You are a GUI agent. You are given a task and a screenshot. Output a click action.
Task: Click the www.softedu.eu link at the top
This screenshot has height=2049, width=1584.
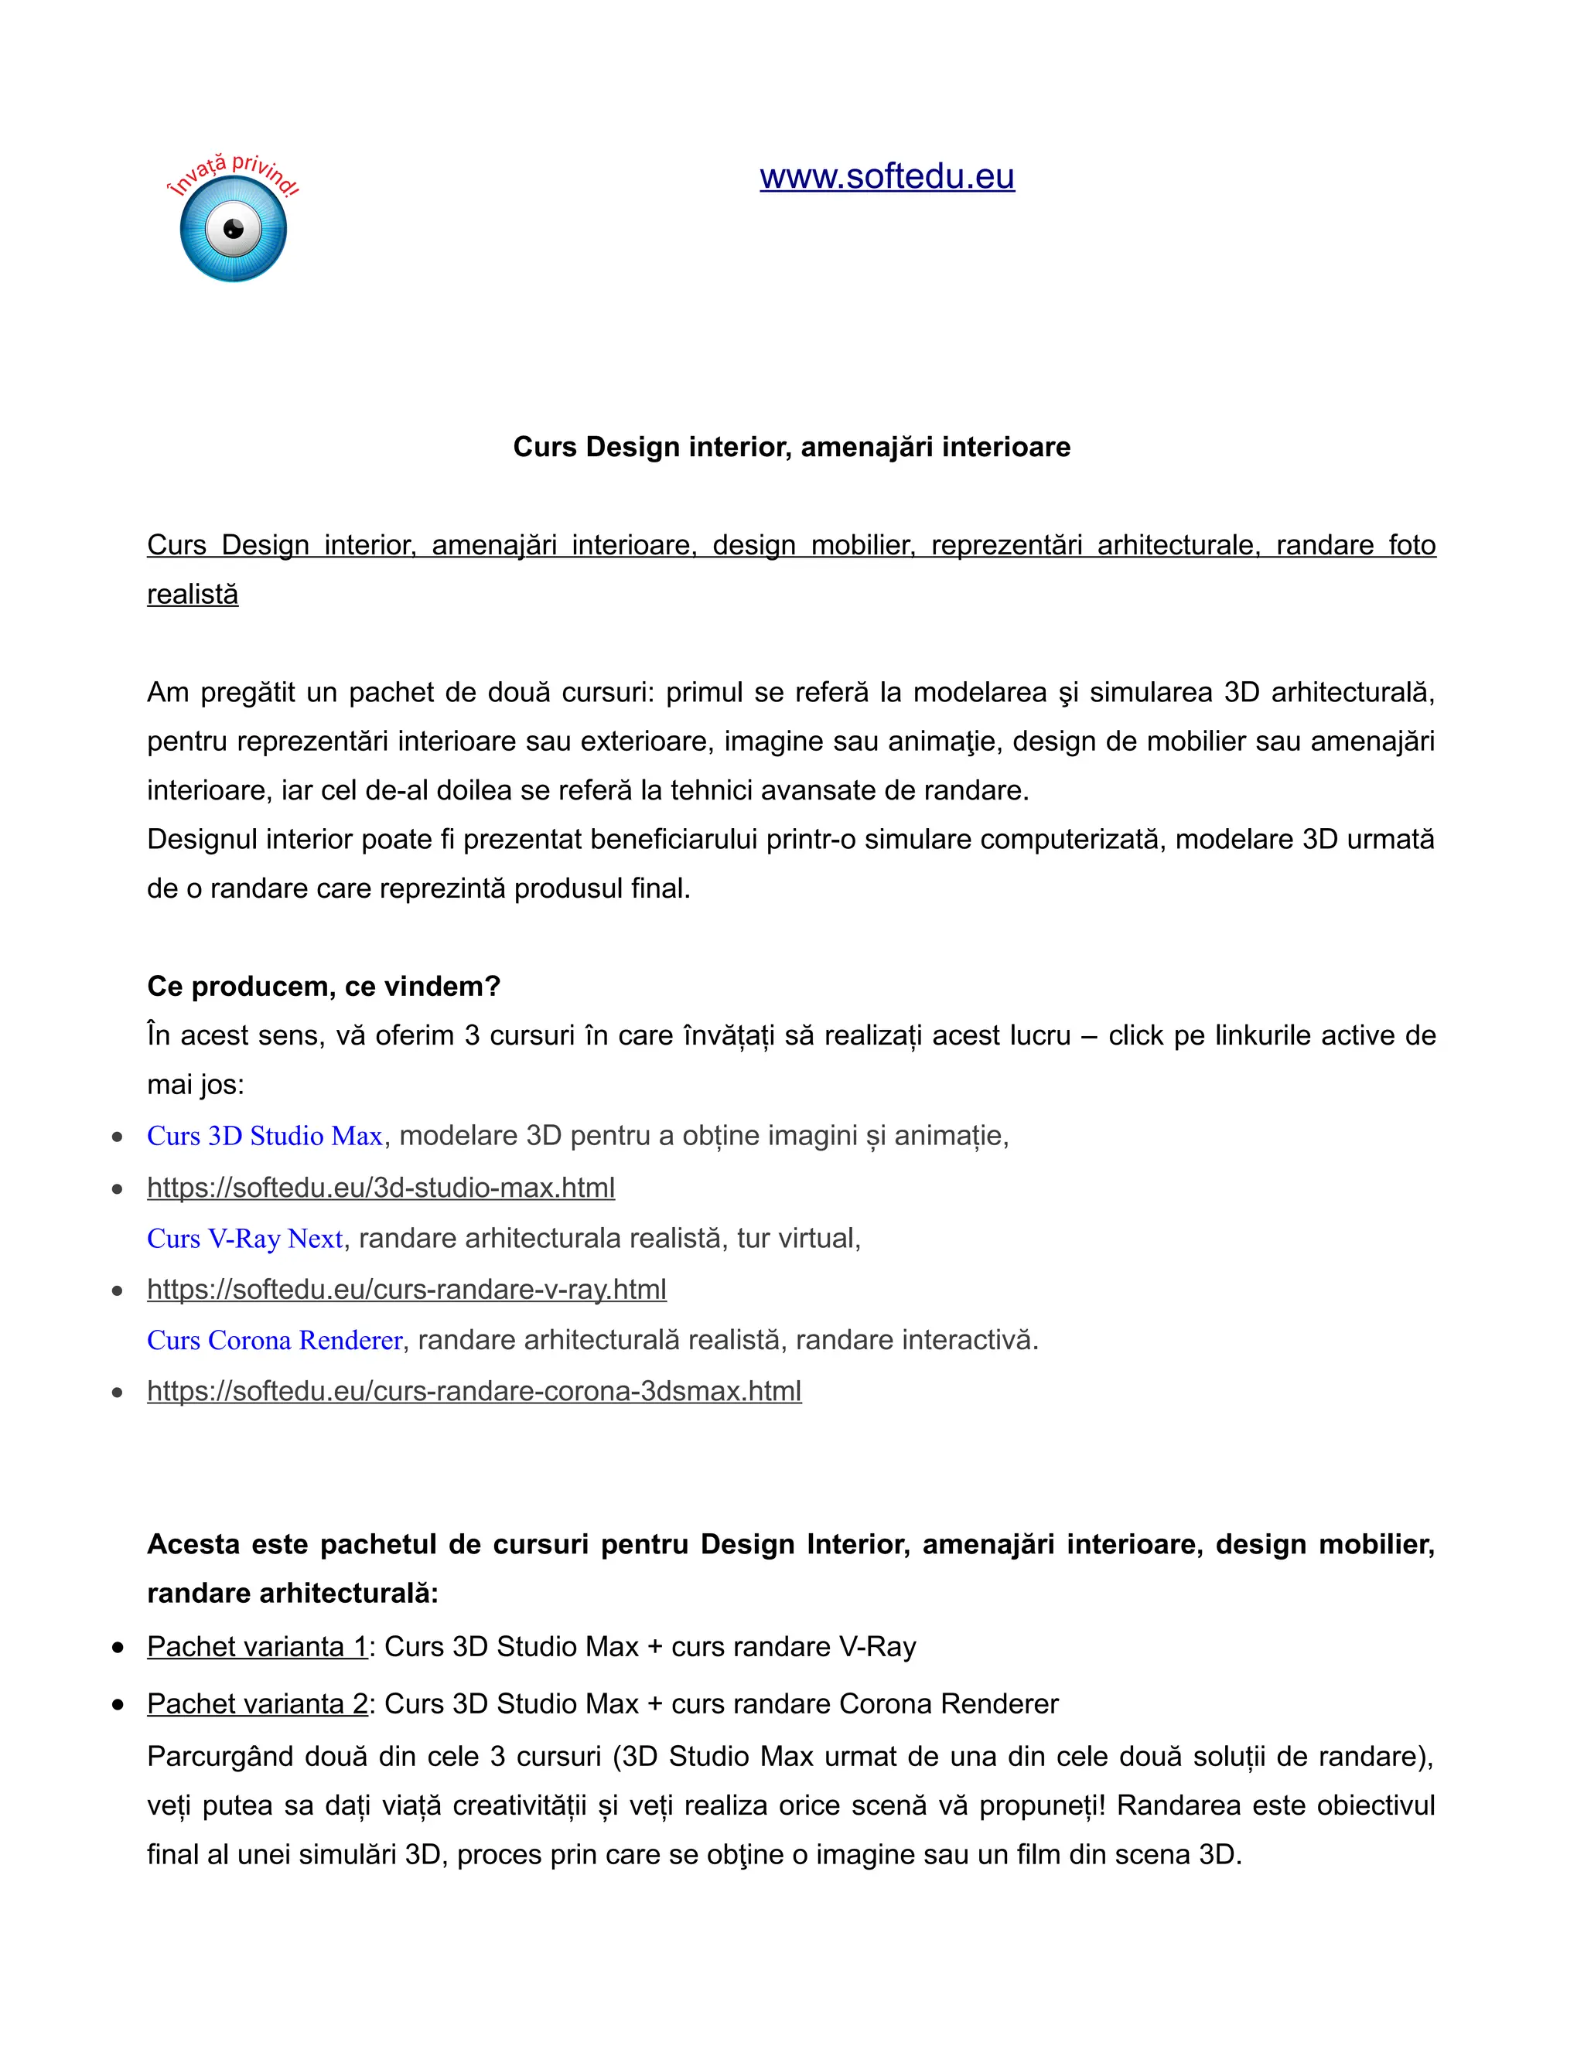tap(887, 176)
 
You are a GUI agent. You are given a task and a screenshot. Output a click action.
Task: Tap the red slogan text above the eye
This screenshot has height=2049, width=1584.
tap(233, 173)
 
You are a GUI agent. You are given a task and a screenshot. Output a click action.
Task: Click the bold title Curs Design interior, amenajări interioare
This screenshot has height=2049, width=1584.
tap(791, 447)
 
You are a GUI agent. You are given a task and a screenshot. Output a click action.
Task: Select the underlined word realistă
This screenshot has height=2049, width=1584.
tap(193, 595)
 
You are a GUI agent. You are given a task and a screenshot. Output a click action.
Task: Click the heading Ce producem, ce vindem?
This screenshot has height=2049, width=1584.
tap(324, 986)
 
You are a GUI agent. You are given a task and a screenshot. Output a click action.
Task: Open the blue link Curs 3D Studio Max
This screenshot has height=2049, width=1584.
tap(265, 1136)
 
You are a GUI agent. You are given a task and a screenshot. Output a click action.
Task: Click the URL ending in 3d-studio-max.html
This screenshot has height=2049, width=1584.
tap(381, 1188)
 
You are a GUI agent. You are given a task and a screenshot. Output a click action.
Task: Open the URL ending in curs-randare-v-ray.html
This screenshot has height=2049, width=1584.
tap(406, 1289)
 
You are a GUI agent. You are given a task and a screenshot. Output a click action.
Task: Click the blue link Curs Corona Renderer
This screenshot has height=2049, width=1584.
tap(275, 1340)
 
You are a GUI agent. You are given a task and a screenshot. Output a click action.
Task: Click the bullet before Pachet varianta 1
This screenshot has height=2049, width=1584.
tap(118, 1648)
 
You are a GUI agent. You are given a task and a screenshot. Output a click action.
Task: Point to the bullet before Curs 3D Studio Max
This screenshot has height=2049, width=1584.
tap(118, 1137)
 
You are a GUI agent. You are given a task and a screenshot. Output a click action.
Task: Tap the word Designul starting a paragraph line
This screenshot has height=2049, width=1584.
tap(202, 840)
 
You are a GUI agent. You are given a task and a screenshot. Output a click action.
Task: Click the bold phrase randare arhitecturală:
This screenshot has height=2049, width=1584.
tap(293, 1593)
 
